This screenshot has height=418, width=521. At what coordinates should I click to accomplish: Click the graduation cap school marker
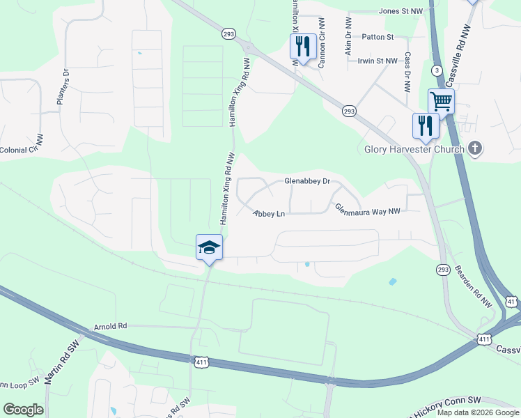(x=209, y=247)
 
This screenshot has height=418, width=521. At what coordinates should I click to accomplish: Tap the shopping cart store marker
(x=441, y=102)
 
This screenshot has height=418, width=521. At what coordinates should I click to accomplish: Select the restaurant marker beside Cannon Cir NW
(x=303, y=47)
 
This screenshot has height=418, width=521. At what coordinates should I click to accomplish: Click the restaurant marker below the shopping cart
(x=425, y=126)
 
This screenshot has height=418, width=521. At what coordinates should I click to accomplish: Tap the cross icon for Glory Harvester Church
(x=475, y=148)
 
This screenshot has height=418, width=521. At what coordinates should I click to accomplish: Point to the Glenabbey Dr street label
(x=306, y=181)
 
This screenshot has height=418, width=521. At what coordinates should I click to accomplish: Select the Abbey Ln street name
(x=270, y=214)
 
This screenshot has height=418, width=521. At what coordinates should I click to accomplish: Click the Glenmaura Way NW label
(x=368, y=210)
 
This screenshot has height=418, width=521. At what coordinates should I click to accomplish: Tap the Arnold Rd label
(x=111, y=325)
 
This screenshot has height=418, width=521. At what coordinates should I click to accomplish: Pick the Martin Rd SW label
(x=61, y=363)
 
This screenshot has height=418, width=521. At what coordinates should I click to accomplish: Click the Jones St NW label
(x=401, y=11)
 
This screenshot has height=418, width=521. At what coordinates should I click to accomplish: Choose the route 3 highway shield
(x=436, y=70)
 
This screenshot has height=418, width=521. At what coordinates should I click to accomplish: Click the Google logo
(x=24, y=410)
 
